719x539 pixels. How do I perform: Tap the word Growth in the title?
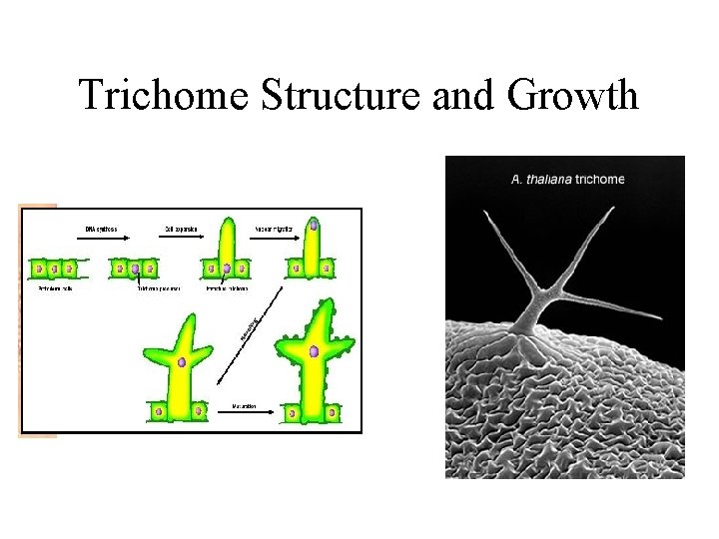pyautogui.click(x=572, y=96)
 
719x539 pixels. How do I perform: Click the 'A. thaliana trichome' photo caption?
pyautogui.click(x=567, y=180)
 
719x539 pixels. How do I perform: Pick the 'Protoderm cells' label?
pyautogui.click(x=56, y=290)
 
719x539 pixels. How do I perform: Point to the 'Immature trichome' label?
pyautogui.click(x=228, y=290)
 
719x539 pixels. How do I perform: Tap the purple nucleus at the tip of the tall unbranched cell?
pyautogui.click(x=313, y=226)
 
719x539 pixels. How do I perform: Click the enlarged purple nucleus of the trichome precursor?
pyautogui.click(x=135, y=268)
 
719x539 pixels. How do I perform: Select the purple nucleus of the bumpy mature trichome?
pyautogui.click(x=315, y=351)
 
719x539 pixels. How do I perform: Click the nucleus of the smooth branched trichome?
pyautogui.click(x=182, y=361)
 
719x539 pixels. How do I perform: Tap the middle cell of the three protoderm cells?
pyautogui.click(x=55, y=268)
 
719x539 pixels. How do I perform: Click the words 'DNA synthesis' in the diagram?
pyautogui.click(x=100, y=230)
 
